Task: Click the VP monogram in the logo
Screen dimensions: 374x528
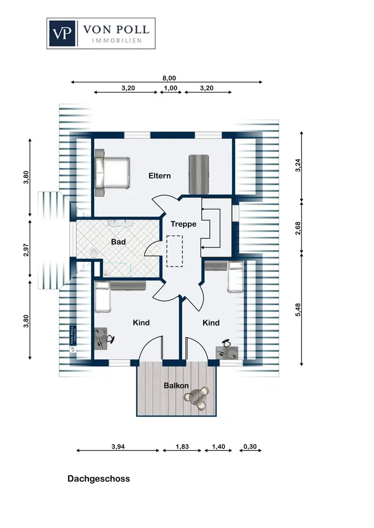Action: coord(62,33)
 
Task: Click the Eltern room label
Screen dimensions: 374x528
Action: coord(159,176)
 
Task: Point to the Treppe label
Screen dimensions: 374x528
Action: coord(183,224)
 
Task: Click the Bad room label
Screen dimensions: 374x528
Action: coord(118,242)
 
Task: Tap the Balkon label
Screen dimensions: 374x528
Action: coord(176,385)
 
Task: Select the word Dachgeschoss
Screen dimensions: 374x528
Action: coord(98,479)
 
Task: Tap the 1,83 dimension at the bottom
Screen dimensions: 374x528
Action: coord(183,447)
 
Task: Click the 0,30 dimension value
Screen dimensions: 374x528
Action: coord(250,447)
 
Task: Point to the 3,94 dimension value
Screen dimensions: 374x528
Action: coord(119,447)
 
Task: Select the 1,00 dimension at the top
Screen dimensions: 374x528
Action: coord(170,88)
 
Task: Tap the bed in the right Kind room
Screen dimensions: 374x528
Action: coord(234,277)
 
